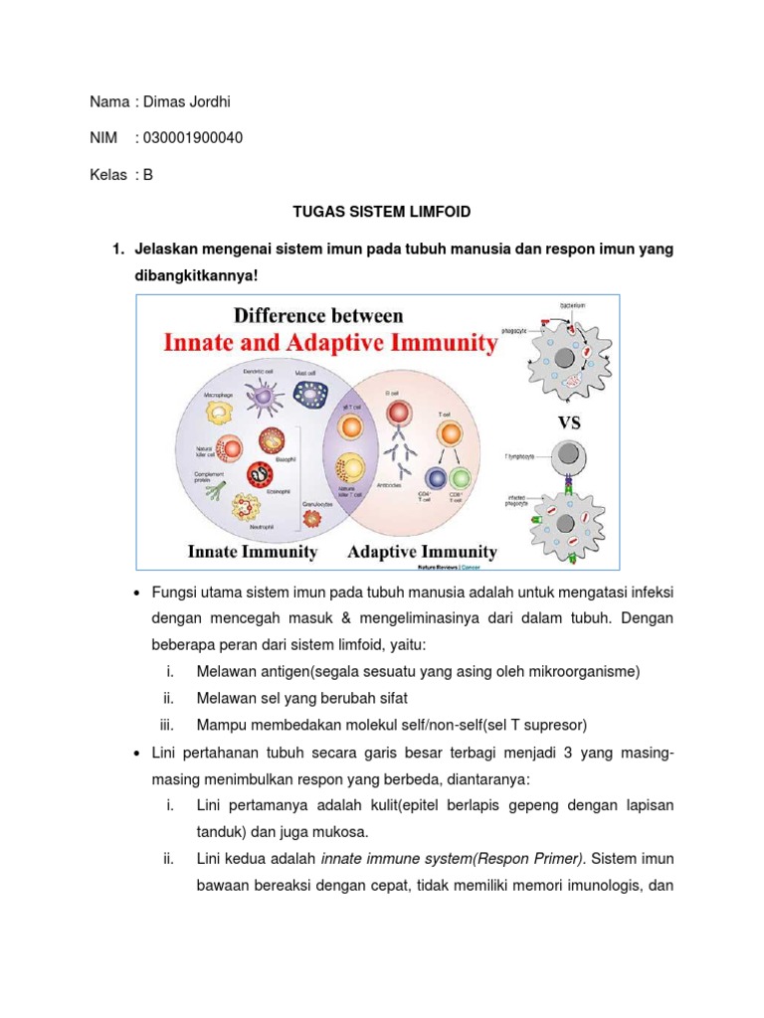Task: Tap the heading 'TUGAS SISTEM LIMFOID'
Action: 380,212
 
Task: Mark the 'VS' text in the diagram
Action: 569,422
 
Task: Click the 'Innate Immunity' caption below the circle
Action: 254,552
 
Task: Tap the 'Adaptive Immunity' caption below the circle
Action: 422,552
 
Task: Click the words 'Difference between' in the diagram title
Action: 318,316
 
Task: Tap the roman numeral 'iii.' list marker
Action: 166,725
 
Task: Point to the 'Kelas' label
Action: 108,174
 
